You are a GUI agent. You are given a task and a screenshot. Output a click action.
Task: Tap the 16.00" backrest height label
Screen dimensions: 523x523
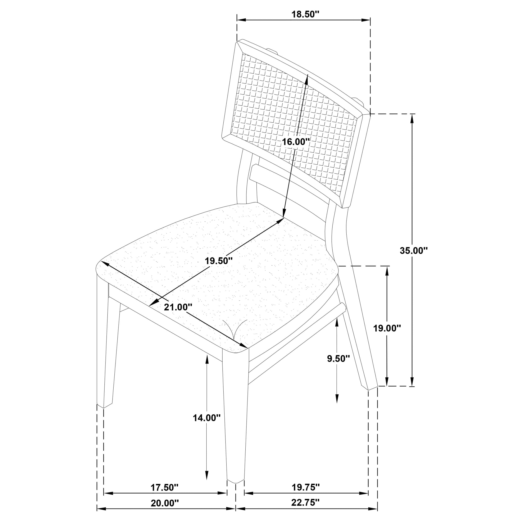pos(296,142)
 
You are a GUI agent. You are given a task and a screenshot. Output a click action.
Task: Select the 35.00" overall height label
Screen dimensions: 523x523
pos(413,251)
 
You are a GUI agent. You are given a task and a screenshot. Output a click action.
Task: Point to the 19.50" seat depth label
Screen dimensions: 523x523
pos(218,261)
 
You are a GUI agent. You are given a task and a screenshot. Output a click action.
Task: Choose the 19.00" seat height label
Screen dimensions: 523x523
pos(387,328)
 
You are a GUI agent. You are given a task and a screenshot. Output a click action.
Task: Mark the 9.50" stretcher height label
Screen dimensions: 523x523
pos(338,359)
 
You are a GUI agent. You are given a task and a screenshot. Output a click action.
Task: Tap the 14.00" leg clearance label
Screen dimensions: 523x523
pos(206,418)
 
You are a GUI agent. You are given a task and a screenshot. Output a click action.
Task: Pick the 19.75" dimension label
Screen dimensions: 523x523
pos(306,487)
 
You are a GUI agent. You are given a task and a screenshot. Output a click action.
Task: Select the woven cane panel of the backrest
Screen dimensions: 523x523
pos(292,119)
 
